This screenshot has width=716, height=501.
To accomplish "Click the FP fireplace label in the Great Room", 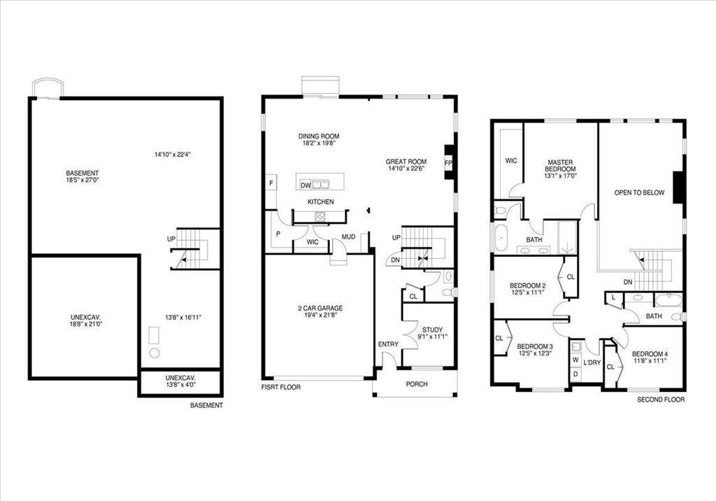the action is click(x=448, y=163).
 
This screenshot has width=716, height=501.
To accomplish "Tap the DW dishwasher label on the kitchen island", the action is click(x=306, y=185).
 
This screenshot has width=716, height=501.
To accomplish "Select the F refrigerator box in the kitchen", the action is click(x=271, y=183).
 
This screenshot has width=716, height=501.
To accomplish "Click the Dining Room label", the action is click(x=319, y=136).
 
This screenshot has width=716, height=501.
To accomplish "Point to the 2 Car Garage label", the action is click(x=320, y=308).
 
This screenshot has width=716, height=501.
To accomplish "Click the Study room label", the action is click(x=432, y=330).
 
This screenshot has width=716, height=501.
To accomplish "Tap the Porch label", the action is click(x=417, y=384).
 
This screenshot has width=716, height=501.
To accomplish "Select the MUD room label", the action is click(x=348, y=237).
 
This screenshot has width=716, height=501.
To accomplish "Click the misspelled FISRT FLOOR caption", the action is click(x=281, y=387).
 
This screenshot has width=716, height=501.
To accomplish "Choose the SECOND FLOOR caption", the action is click(x=661, y=400).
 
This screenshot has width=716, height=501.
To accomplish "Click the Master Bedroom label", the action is click(x=560, y=165).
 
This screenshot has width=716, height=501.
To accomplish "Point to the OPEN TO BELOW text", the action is click(x=639, y=192).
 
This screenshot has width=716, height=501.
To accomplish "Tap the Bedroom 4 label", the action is click(x=650, y=354).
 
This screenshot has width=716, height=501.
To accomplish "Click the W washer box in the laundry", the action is click(x=575, y=360).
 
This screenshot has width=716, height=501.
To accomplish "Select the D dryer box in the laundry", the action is click(x=575, y=374).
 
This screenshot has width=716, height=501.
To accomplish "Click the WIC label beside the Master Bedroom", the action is click(x=511, y=160).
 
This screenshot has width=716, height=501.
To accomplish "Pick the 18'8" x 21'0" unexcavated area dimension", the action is click(x=86, y=324).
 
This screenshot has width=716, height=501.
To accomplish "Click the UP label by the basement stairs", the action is click(x=171, y=239).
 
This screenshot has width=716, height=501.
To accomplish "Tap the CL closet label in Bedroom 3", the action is click(x=499, y=338).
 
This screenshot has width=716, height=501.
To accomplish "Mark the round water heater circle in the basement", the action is click(x=155, y=353).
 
